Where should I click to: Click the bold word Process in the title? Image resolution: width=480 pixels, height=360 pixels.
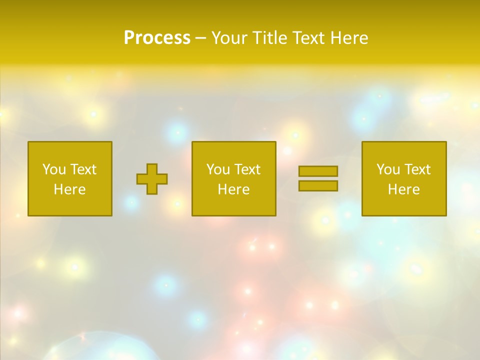(x=157, y=38)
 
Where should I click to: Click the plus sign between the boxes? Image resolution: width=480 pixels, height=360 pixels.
(x=152, y=179)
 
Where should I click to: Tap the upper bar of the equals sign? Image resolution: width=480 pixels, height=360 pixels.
(x=318, y=171)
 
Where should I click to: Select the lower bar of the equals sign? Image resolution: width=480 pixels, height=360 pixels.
(x=318, y=186)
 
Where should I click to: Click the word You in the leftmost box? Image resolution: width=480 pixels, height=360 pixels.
(x=53, y=169)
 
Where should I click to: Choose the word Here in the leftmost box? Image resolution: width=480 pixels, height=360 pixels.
(x=69, y=189)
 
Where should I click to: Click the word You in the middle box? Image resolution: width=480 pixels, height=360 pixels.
(x=217, y=169)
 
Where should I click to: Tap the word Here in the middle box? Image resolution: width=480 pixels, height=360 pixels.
(x=233, y=189)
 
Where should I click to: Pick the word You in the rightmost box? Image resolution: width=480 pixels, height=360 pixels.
(x=387, y=169)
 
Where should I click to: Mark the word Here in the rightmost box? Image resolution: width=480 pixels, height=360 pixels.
(x=403, y=189)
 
